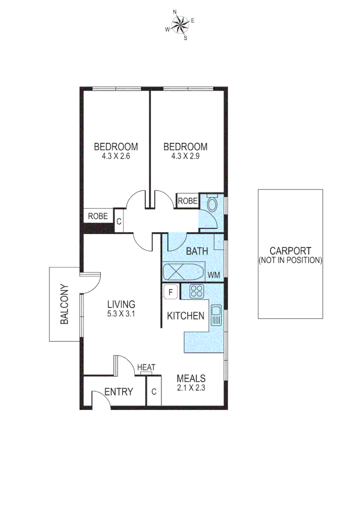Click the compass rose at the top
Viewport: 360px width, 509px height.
tap(180, 25)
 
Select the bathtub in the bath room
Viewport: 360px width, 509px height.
tap(183, 273)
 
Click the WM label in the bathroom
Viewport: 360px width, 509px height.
tap(214, 275)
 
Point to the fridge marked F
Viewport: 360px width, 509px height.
tap(170, 292)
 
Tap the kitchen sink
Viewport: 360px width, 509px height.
tap(216, 315)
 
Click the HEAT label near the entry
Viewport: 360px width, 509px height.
tap(146, 367)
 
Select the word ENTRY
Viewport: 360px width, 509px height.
tap(118, 392)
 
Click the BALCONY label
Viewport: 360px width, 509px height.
tap(65, 304)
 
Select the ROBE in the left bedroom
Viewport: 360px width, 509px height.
tap(98, 216)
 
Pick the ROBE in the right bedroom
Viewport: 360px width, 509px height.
tap(188, 201)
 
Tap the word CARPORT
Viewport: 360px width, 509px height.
tap(290, 251)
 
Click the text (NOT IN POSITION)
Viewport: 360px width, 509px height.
tap(290, 260)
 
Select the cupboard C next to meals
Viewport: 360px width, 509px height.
tap(154, 391)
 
